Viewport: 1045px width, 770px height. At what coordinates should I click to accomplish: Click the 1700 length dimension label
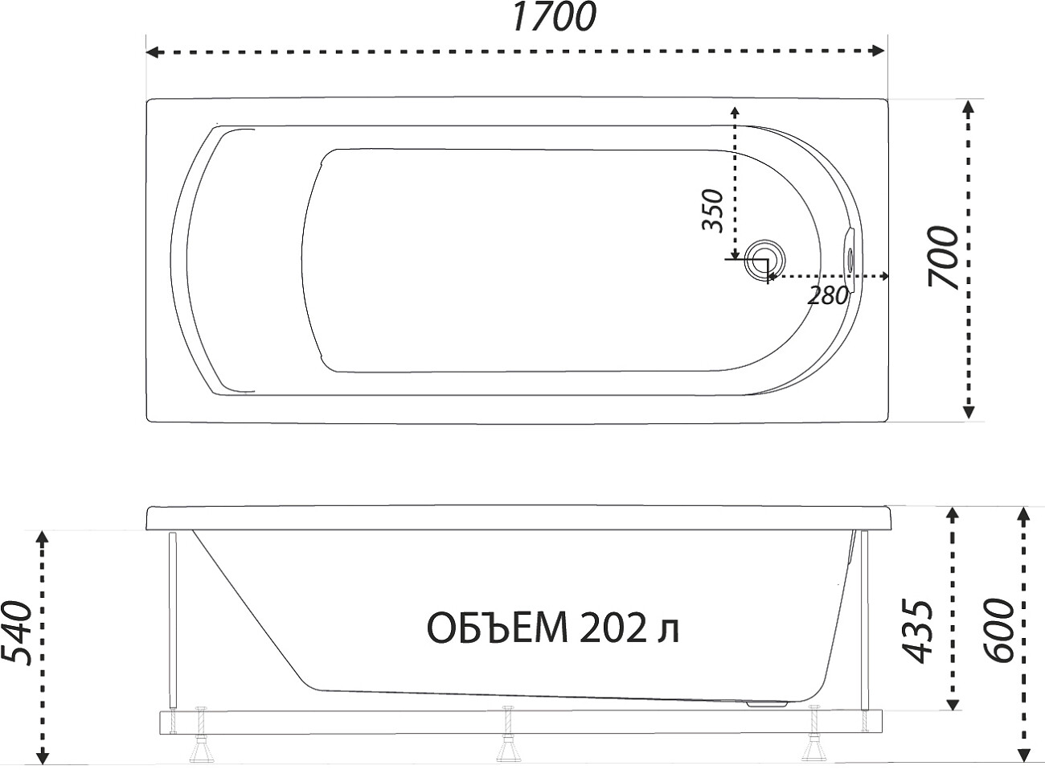tap(554, 16)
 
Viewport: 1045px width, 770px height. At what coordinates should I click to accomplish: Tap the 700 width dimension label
tap(943, 257)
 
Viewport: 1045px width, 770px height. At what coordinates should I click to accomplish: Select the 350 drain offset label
tap(713, 211)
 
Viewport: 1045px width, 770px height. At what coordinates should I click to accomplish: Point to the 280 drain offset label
tap(828, 295)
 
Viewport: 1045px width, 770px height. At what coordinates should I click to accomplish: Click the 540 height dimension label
tap(17, 634)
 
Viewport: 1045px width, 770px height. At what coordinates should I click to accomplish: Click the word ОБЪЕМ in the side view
tap(498, 628)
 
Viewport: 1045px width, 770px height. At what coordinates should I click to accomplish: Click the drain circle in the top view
tap(765, 261)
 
